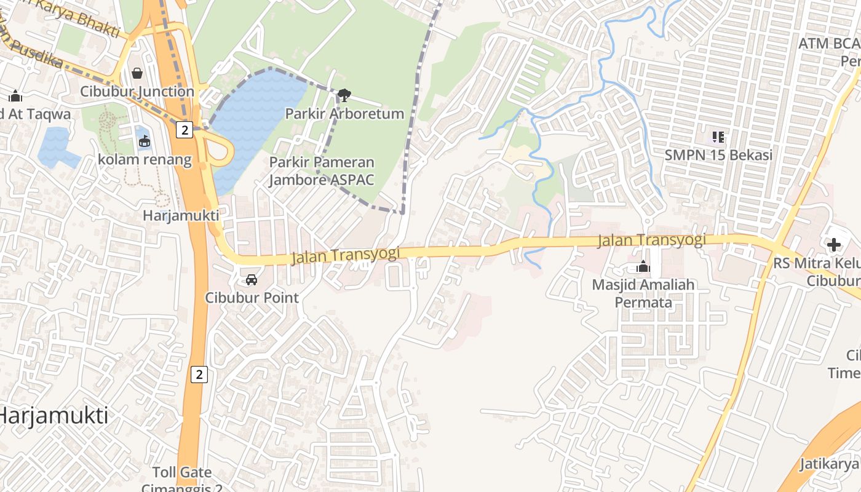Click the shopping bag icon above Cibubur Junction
(x=137, y=73)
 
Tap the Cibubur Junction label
(x=137, y=92)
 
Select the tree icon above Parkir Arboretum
(x=344, y=95)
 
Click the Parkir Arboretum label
(x=344, y=114)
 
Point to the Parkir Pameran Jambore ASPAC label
(x=322, y=171)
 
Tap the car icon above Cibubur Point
(x=252, y=280)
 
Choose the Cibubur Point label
(x=252, y=298)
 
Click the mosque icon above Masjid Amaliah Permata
(x=643, y=267)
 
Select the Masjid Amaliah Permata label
(x=643, y=293)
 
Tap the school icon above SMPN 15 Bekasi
(x=718, y=137)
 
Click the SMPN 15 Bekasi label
(x=718, y=154)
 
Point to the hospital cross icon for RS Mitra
(x=834, y=245)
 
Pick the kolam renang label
(x=145, y=160)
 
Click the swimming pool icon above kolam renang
(x=145, y=142)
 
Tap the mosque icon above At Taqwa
(x=15, y=96)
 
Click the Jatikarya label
(x=830, y=464)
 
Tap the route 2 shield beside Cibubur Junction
(x=184, y=129)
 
